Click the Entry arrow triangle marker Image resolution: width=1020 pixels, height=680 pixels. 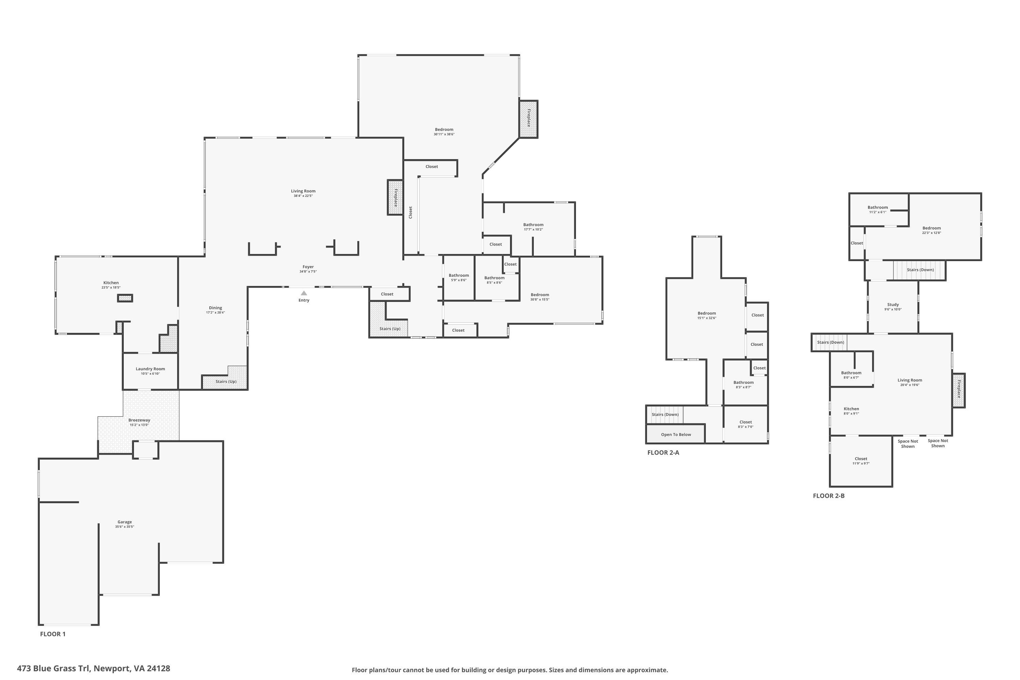click(x=304, y=293)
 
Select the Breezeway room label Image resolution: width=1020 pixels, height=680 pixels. click(x=139, y=420)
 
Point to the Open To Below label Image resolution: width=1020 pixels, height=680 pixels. click(x=676, y=435)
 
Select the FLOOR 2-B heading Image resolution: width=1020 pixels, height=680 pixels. click(x=829, y=496)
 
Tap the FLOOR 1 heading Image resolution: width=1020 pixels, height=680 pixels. click(x=53, y=634)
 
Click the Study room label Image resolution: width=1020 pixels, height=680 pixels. click(x=893, y=304)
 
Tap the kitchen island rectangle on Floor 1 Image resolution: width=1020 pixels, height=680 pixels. click(x=125, y=298)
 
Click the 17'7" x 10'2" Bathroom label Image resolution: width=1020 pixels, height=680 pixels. click(x=533, y=225)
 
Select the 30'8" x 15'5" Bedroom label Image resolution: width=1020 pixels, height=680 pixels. click(x=540, y=295)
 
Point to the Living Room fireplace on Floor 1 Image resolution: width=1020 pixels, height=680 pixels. click(x=395, y=197)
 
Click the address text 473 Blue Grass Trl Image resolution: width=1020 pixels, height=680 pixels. click(x=54, y=668)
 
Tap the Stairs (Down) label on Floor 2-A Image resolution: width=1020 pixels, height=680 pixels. click(x=665, y=414)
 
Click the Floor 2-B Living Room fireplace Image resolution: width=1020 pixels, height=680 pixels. click(x=958, y=390)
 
